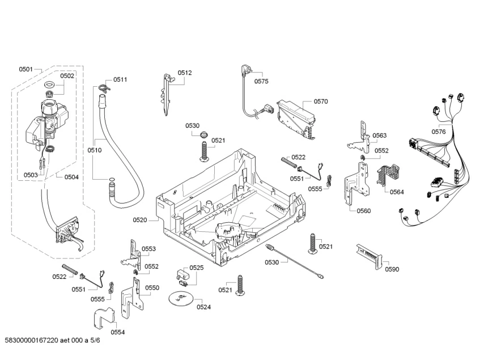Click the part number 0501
26,69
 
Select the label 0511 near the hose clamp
120,79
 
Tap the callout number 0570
321,101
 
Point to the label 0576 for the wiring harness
438,132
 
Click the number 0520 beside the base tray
140,219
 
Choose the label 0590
392,269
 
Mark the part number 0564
397,192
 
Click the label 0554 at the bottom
117,332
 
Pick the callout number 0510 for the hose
95,150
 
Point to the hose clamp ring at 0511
102,86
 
